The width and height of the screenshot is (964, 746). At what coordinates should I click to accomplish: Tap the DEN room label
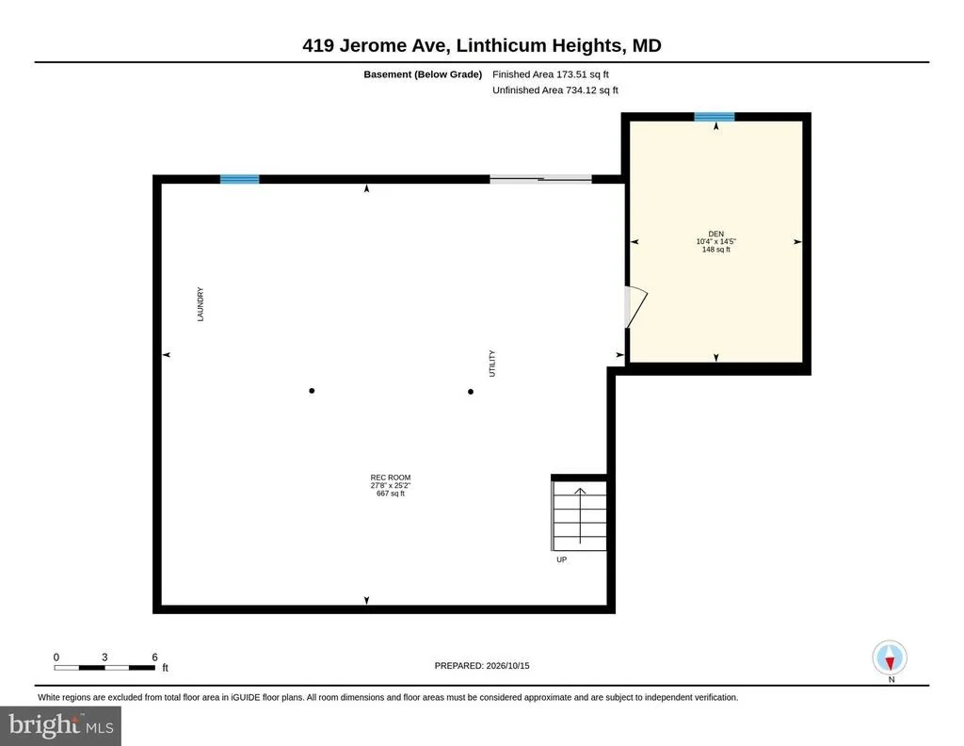[716, 234]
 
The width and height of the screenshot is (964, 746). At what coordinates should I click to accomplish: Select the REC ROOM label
[391, 478]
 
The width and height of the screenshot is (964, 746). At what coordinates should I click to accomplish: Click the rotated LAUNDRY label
[200, 304]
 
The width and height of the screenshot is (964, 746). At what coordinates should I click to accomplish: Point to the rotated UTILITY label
[491, 364]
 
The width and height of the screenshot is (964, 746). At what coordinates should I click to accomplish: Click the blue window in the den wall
[715, 117]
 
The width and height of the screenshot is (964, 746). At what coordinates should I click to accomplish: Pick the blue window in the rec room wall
[240, 179]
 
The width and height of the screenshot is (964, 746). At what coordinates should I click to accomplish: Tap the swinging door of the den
[635, 307]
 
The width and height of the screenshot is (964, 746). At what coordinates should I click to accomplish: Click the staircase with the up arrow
[579, 515]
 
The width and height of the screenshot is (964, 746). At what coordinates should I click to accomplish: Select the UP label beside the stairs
[561, 559]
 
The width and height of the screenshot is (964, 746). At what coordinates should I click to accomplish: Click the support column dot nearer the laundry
[312, 391]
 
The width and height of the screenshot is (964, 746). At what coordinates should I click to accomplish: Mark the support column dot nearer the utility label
[471, 392]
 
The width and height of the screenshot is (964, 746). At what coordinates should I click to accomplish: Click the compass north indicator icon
[890, 657]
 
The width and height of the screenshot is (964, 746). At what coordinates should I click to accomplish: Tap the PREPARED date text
[482, 665]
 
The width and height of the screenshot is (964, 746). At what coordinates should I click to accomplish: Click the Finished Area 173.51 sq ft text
[550, 74]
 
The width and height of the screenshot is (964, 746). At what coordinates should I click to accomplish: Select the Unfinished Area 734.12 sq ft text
[555, 90]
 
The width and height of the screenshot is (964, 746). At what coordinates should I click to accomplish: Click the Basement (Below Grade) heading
[423, 74]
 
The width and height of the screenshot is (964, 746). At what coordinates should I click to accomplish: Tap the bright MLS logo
[60, 725]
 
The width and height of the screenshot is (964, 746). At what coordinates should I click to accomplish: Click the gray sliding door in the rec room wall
[541, 179]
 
